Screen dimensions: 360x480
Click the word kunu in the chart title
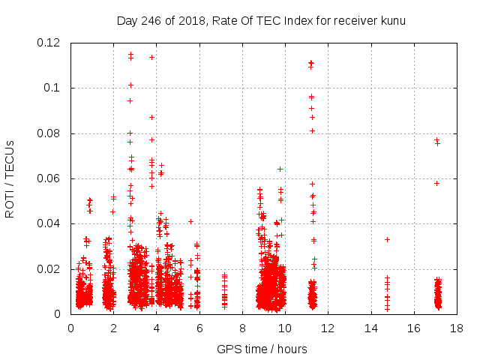pyautogui.click(x=393, y=21)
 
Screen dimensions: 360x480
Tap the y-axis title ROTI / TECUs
pyautogui.click(x=10, y=178)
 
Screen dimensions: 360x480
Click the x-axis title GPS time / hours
pyautogui.click(x=262, y=349)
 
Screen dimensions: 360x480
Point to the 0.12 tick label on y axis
pyautogui.click(x=49, y=43)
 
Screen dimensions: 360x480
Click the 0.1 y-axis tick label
pyautogui.click(x=52, y=88)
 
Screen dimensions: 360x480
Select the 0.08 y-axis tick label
pyautogui.click(x=49, y=133)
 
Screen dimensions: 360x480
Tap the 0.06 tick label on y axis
pyautogui.click(x=49, y=178)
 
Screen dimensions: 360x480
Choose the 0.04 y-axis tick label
pyautogui.click(x=49, y=223)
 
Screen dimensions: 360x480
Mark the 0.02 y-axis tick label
pyautogui.click(x=49, y=268)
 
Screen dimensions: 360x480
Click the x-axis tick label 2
pyautogui.click(x=113, y=328)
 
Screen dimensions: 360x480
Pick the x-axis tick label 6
pyautogui.click(x=199, y=328)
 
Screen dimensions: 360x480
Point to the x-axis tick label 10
pyautogui.click(x=285, y=328)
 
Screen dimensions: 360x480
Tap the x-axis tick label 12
pyautogui.click(x=328, y=328)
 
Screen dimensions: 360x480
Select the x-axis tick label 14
pyautogui.click(x=370, y=328)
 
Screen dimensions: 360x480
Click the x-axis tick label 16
pyautogui.click(x=413, y=328)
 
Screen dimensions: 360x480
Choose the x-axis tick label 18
pyautogui.click(x=456, y=328)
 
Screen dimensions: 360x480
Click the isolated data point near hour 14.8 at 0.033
pyautogui.click(x=387, y=239)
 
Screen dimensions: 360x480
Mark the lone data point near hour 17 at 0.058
pyautogui.click(x=436, y=183)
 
